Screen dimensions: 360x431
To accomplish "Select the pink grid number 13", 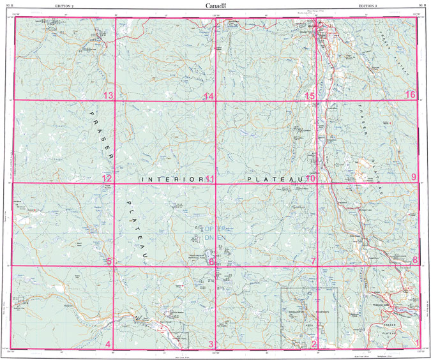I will (x=108, y=96).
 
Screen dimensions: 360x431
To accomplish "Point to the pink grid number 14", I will (x=208, y=96).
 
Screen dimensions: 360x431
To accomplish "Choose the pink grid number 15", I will (x=310, y=96).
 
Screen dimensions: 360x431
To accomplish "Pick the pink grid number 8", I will (x=414, y=260).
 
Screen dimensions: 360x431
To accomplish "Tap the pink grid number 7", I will (x=313, y=261).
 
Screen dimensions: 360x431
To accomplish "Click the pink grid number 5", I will (x=109, y=261).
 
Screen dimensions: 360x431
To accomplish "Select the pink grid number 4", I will (x=108, y=345).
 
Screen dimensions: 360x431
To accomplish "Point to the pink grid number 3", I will (x=211, y=345).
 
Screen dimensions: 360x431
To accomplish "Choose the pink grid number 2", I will (x=314, y=345).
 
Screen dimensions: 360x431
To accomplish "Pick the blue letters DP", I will (x=209, y=229).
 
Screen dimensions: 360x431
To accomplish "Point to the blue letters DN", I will (x=209, y=238).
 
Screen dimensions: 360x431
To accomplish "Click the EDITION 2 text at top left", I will (x=64, y=5).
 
